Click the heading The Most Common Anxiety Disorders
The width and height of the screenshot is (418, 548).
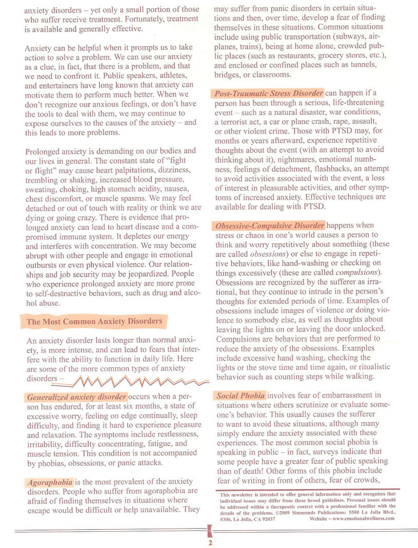(x=94, y=322)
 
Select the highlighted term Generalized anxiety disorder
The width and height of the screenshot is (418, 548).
(x=76, y=397)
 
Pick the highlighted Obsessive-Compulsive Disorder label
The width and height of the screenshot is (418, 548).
(x=270, y=226)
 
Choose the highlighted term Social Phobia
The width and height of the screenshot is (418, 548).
(x=241, y=396)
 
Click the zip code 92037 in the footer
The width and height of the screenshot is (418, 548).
(x=268, y=518)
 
